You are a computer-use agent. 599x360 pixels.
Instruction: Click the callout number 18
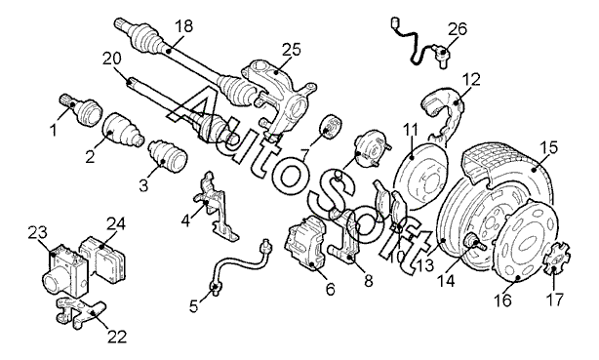pyautogui.click(x=183, y=26)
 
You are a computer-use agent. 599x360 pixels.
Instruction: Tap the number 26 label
pyautogui.click(x=457, y=29)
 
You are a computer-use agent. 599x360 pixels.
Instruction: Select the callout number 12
pyautogui.click(x=470, y=79)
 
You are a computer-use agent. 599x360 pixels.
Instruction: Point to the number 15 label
pyautogui.click(x=548, y=147)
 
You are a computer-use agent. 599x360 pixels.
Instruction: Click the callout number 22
pyautogui.click(x=116, y=337)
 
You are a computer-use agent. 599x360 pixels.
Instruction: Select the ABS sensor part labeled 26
pyautogui.click(x=419, y=43)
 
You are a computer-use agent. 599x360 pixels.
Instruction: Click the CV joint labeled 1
pyautogui.click(x=81, y=108)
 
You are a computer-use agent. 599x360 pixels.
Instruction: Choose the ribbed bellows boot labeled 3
pyautogui.click(x=168, y=157)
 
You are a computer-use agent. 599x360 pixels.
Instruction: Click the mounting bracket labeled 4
pyautogui.click(x=216, y=207)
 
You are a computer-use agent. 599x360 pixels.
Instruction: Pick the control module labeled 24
pyautogui.click(x=103, y=257)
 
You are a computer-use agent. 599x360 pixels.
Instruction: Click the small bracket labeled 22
pyautogui.click(x=81, y=313)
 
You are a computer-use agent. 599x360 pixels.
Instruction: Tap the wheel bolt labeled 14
pyautogui.click(x=474, y=243)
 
